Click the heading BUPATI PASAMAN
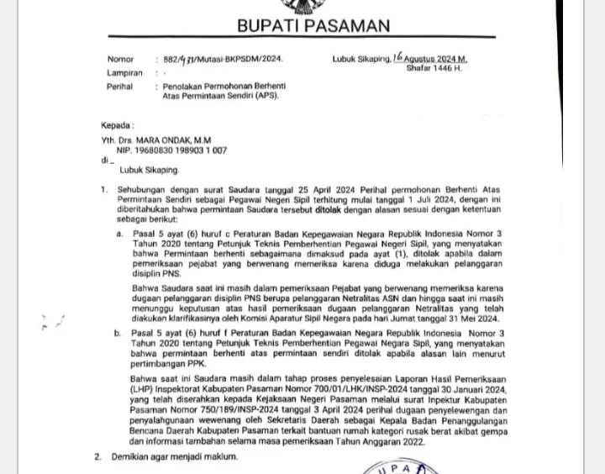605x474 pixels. tap(313, 26)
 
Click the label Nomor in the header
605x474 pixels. tap(120, 60)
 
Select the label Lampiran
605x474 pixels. tap(124, 73)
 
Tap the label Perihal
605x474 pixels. tap(121, 87)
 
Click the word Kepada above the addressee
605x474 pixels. tap(117, 125)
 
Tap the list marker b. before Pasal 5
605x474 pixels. tap(118, 334)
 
